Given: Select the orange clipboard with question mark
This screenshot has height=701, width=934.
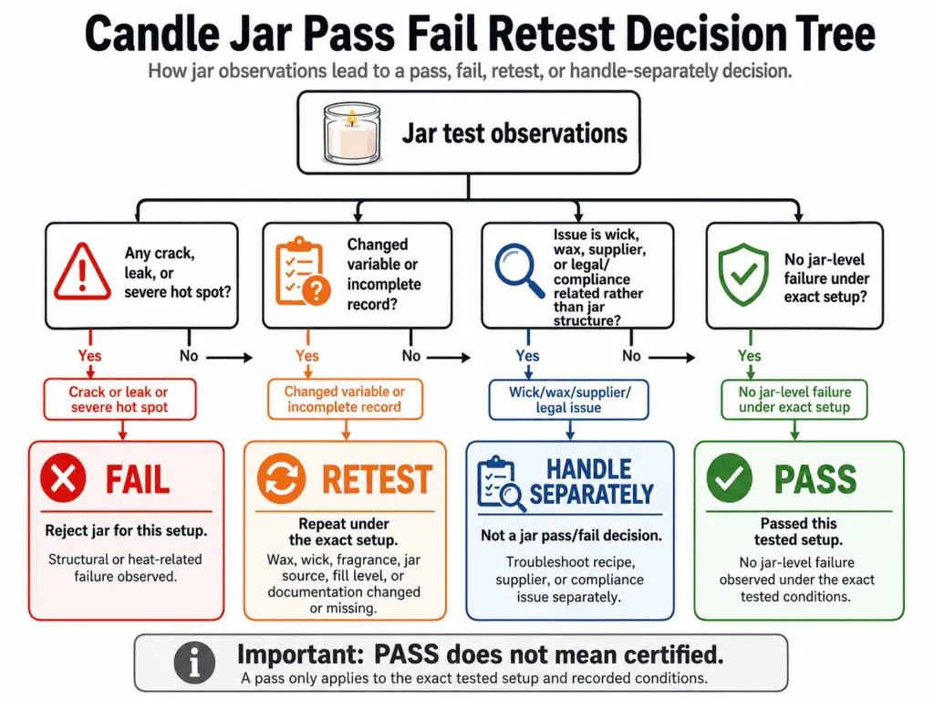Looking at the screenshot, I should (301, 271).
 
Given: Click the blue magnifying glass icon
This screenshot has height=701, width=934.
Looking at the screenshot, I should (519, 270).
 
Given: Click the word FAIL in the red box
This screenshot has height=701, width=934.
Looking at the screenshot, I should (138, 479).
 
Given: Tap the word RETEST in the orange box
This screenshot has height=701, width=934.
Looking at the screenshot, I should (377, 479).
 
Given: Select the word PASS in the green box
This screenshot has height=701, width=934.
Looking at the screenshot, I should (815, 479).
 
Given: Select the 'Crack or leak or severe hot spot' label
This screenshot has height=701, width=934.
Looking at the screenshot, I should (119, 399).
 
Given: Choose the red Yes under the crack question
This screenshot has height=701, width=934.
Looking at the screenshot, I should (89, 356).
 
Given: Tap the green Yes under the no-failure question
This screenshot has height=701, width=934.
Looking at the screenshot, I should (750, 356).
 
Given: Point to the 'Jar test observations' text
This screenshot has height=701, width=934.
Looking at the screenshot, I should (514, 134).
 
